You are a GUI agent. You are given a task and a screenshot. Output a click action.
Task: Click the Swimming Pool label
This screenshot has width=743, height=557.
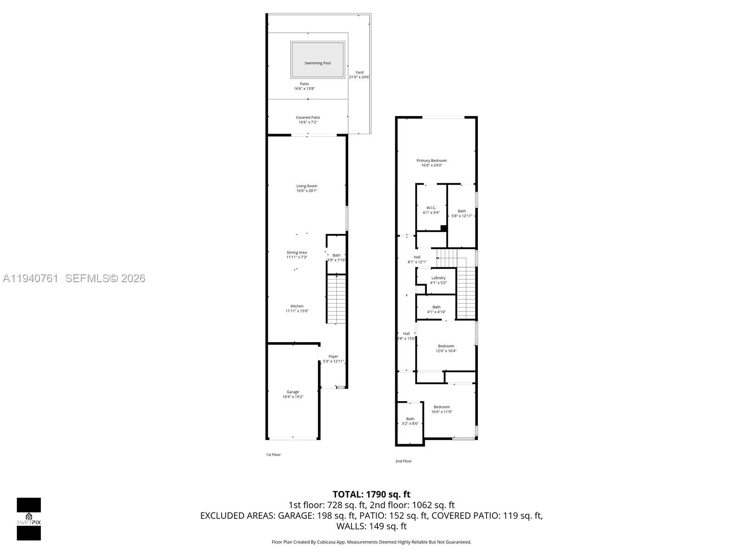318,63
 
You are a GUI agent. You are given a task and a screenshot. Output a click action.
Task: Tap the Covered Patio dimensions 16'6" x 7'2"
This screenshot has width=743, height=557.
308,122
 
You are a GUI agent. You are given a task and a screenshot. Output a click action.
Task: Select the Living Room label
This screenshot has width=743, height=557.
307,186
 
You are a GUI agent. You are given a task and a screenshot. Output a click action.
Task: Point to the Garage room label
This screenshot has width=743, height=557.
293,392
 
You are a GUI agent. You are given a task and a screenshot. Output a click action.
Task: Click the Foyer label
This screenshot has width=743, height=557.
333,356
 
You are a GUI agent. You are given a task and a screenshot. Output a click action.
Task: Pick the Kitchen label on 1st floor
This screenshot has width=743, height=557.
297,306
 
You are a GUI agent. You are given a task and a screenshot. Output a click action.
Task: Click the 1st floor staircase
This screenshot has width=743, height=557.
337,299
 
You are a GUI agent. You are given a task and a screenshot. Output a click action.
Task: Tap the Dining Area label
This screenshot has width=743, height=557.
297,253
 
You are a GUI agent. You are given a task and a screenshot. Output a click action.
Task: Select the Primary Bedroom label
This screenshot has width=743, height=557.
431,161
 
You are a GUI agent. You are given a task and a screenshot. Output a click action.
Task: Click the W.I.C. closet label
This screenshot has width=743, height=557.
431,207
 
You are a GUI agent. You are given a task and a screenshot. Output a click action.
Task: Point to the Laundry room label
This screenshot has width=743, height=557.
438,278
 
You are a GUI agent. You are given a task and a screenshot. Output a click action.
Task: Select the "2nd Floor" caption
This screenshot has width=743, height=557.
404,461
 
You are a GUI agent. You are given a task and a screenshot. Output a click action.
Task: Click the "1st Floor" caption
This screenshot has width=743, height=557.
273,454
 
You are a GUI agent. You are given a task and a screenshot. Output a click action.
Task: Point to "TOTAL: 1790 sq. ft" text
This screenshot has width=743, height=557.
371,494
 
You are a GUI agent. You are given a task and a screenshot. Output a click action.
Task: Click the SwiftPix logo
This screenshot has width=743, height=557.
29,519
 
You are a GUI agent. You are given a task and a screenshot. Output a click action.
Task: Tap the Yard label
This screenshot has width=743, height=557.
359,72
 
